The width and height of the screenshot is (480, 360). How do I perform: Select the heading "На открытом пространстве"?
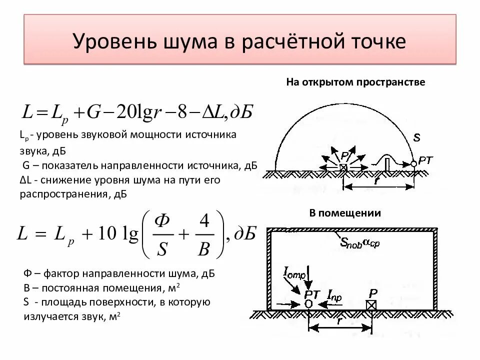click(355, 82)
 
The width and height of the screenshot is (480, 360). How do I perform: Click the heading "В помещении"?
click(345, 213)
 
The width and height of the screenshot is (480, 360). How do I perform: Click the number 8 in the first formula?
click(183, 112)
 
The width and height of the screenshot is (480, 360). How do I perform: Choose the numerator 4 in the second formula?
click(203, 222)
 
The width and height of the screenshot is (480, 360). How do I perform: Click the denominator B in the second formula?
click(203, 248)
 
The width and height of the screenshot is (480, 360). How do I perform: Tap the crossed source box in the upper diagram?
click(343, 168)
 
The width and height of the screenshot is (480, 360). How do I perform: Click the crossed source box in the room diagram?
click(371, 304)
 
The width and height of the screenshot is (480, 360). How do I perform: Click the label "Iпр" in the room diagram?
click(334, 297)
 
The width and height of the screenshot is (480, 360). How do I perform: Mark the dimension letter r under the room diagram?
click(339, 321)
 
